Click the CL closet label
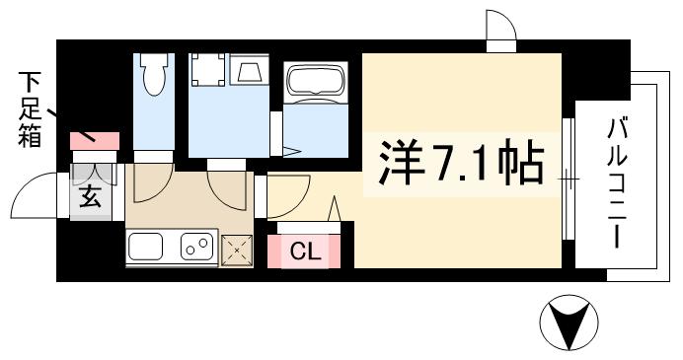click(305, 252)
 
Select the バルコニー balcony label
click(620, 183)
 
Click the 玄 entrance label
click(90, 197)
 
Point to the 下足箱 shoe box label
click(29, 109)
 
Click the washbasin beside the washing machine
click(246, 72)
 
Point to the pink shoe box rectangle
click(95, 141)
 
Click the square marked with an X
click(238, 252)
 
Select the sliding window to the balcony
click(568, 179)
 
